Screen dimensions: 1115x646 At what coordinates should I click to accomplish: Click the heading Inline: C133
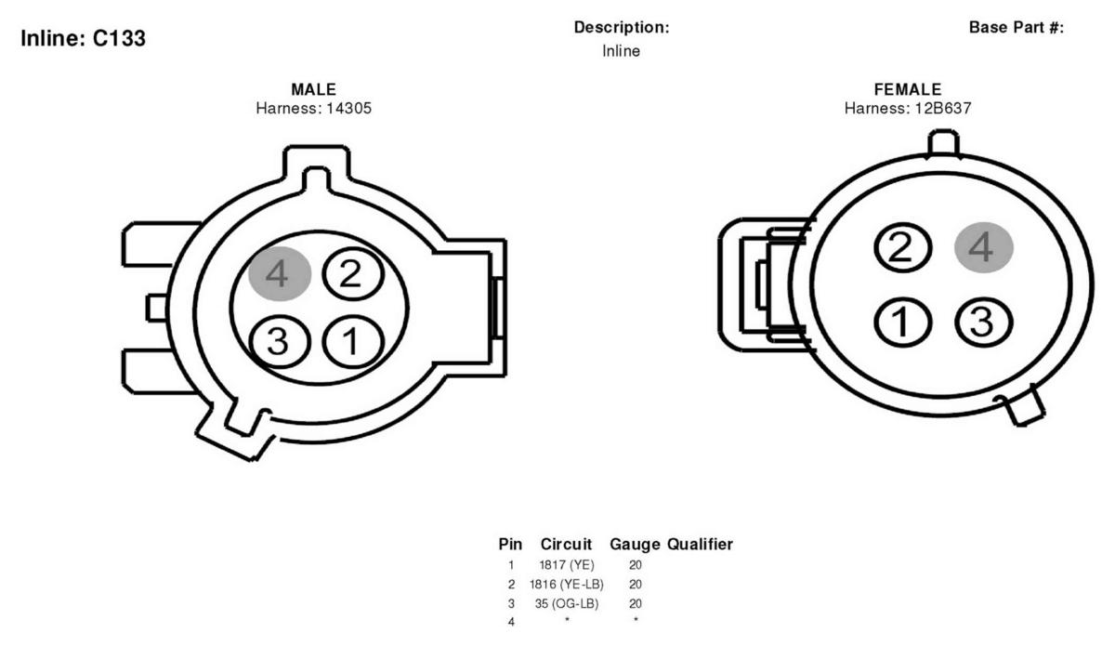coord(83,38)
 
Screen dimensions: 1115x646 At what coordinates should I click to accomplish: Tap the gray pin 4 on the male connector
coord(280,273)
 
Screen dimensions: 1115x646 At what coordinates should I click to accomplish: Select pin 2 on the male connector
coord(353,273)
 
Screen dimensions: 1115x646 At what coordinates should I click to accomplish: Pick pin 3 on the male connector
coord(280,342)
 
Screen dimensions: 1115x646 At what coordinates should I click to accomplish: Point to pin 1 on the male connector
coord(353,342)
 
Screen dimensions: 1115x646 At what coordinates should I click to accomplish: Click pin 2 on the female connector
coord(902,247)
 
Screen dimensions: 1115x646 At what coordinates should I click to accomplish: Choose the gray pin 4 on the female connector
coord(984,247)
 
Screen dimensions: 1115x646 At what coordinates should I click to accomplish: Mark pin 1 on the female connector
coord(902,322)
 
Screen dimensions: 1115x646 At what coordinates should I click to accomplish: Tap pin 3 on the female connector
coord(984,322)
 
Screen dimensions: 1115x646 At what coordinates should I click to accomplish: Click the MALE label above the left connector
coord(314,89)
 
